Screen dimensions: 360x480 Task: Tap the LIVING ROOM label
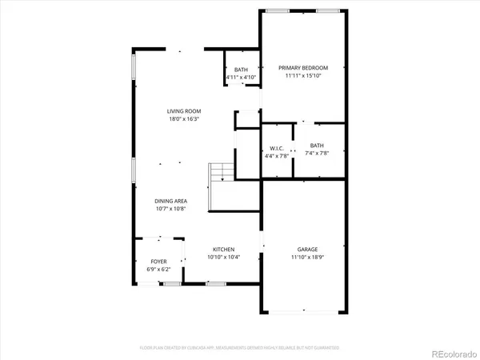183,111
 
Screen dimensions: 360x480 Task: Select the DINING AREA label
172,201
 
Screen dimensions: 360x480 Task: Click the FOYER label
158,262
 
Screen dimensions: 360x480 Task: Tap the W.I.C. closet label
277,148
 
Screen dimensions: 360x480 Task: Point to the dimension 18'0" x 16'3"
183,119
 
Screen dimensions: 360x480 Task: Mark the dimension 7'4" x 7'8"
318,154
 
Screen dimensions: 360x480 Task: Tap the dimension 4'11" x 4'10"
241,78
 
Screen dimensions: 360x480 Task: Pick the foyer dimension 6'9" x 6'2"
158,270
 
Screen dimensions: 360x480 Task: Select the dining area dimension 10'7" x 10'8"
172,209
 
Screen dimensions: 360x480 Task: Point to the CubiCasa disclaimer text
239,348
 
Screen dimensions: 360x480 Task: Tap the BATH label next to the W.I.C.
318,146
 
